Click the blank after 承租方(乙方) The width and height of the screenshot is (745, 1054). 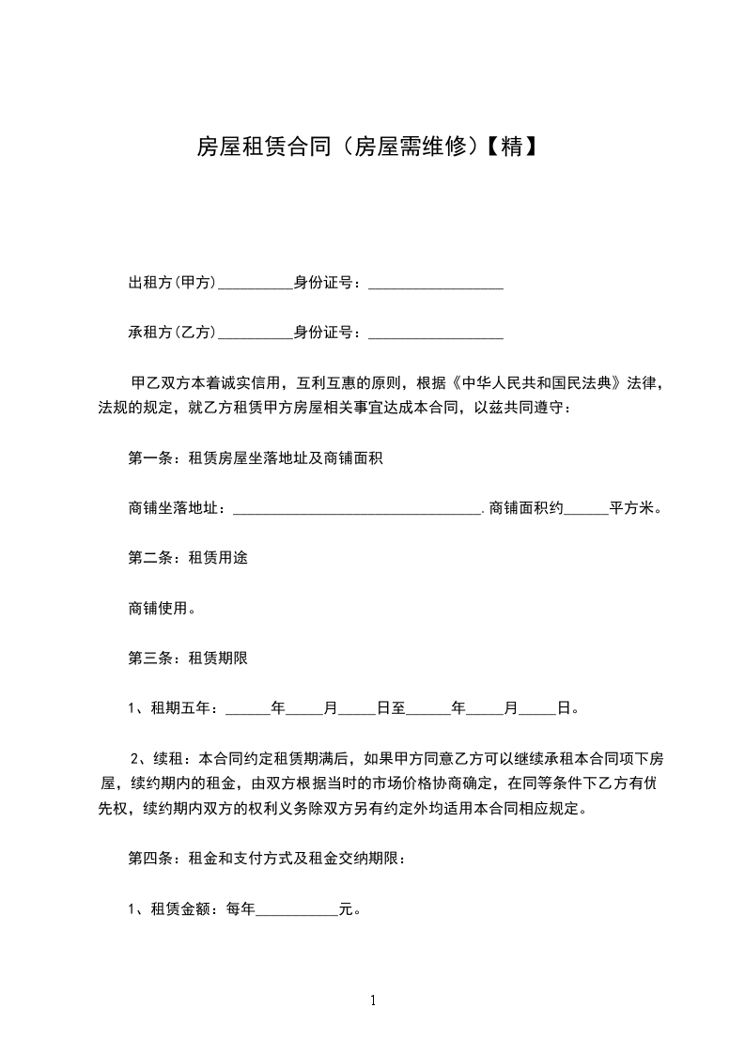pyautogui.click(x=256, y=332)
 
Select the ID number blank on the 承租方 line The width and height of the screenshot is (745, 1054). pyautogui.click(x=436, y=332)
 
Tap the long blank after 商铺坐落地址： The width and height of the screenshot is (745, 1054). pyautogui.click(x=356, y=508)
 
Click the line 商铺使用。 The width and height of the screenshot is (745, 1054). pyautogui.click(x=162, y=608)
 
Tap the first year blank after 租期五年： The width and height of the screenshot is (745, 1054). pyautogui.click(x=248, y=707)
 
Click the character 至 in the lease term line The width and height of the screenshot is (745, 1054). pyautogui.click(x=398, y=707)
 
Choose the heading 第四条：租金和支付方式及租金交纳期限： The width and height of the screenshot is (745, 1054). pyautogui.click(x=267, y=859)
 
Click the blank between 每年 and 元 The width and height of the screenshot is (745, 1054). pyautogui.click(x=297, y=909)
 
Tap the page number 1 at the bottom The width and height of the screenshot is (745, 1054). pyautogui.click(x=373, y=1001)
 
